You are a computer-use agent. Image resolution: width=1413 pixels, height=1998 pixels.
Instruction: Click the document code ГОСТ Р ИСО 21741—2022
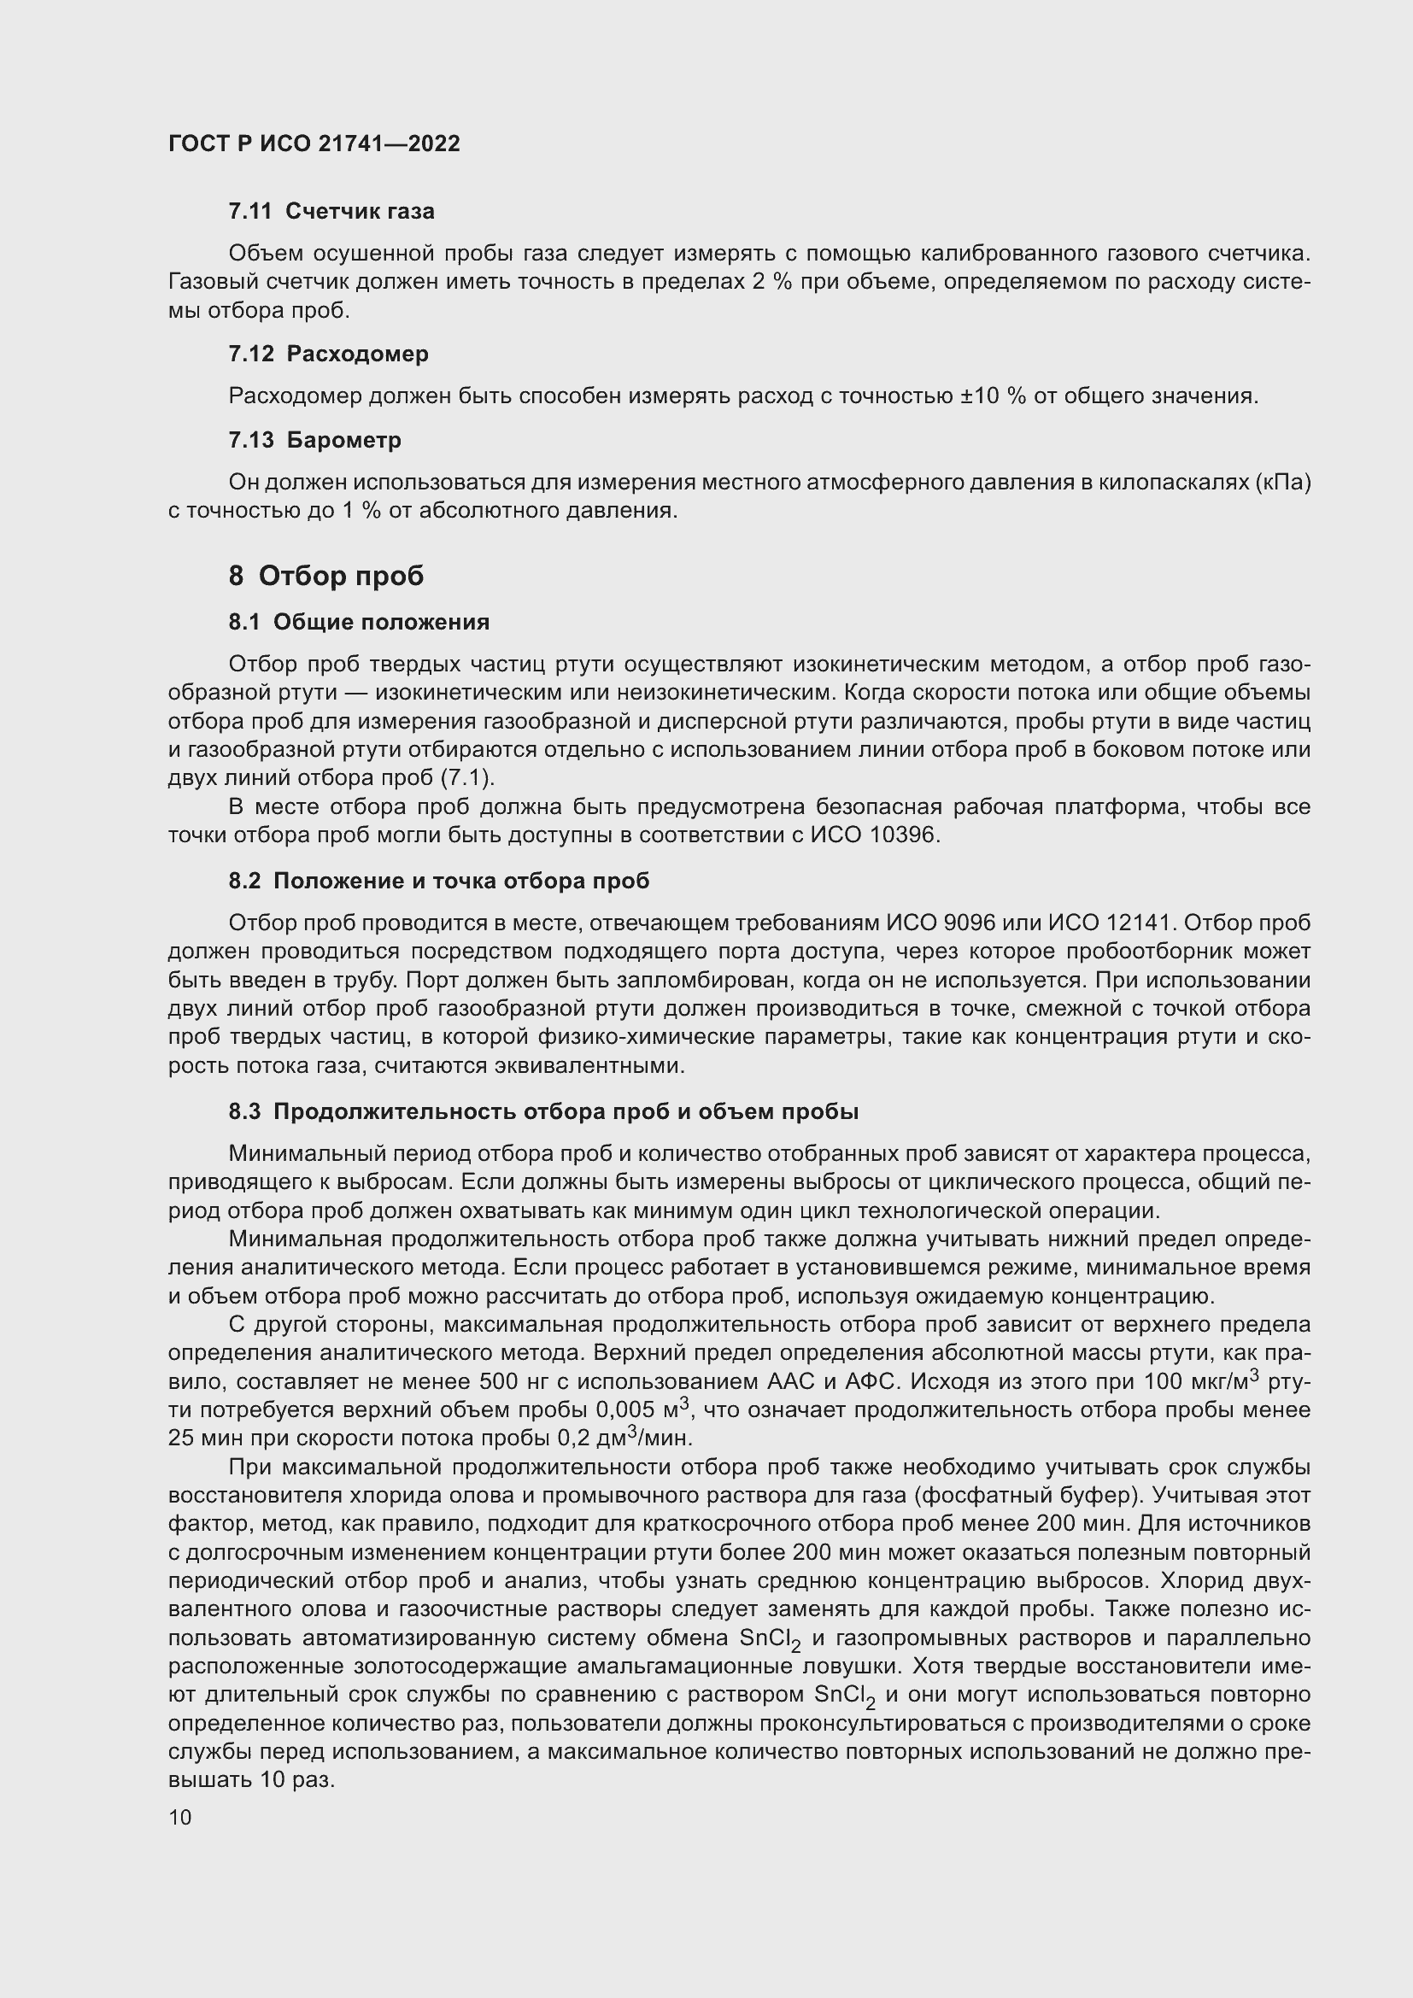point(314,144)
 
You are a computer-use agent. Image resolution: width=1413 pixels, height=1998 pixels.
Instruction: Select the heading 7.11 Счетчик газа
point(331,212)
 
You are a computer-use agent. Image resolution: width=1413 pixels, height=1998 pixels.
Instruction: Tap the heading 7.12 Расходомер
point(329,354)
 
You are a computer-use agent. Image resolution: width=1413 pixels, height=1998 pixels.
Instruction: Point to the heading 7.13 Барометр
point(315,440)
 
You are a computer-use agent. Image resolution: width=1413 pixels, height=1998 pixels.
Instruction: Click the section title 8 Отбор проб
point(326,576)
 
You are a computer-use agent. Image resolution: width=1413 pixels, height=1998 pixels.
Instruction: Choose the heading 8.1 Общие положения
point(359,622)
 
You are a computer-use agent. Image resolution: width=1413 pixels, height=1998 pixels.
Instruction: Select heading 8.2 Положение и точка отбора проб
point(438,881)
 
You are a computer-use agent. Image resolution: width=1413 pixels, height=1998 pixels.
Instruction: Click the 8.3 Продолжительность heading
point(544,1111)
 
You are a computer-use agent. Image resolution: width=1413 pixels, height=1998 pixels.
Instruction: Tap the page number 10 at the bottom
point(180,1818)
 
